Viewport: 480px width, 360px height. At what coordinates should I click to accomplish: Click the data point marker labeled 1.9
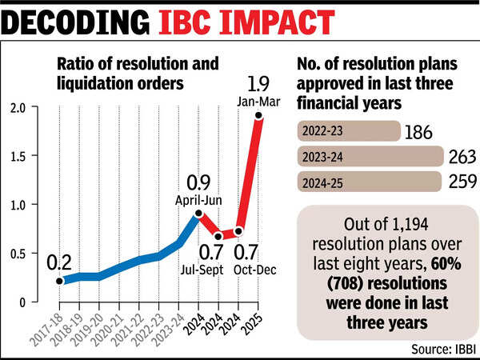pos(258,115)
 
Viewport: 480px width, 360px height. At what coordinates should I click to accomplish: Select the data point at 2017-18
pos(59,281)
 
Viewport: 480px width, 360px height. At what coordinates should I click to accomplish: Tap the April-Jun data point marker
pos(198,214)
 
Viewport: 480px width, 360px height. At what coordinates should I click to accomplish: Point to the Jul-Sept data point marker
pos(218,236)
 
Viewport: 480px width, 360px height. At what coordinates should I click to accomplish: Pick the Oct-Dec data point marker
pos(238,231)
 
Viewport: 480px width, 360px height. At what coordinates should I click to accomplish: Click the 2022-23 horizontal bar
pos(349,131)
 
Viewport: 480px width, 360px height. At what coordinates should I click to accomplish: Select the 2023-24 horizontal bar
pos(370,157)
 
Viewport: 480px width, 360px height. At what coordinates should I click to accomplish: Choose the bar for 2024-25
pos(370,182)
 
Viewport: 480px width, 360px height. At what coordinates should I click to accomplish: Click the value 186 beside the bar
pos(418,132)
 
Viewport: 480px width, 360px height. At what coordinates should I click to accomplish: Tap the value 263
pos(462,157)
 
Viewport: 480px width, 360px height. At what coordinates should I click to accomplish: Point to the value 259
pos(462,182)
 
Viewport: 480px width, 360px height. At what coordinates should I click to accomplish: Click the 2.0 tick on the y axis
pos(18,108)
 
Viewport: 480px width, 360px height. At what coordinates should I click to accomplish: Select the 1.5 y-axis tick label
pos(19,157)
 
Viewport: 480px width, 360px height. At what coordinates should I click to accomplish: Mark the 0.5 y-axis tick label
pos(19,254)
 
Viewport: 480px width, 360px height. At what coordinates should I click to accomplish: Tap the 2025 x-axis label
pos(252,324)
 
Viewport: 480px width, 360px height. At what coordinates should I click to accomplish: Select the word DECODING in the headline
pos(76,22)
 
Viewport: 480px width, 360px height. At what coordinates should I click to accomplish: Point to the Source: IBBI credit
pos(443,349)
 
